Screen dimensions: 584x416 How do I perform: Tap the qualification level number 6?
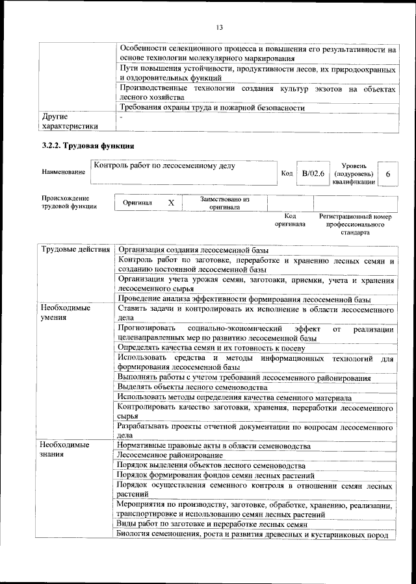(x=387, y=175)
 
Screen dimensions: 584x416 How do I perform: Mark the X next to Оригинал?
(x=172, y=203)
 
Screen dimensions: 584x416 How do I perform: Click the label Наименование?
(x=63, y=172)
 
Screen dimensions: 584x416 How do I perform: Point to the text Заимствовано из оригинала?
(x=225, y=203)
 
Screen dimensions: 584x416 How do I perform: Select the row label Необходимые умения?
(x=66, y=313)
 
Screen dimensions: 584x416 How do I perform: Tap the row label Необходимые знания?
(x=66, y=450)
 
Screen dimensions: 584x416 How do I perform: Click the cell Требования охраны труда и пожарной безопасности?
(x=211, y=108)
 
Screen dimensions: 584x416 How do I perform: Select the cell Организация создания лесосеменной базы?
(x=192, y=250)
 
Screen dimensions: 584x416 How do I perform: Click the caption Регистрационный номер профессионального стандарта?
(x=355, y=224)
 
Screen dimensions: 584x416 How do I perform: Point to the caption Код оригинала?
(x=290, y=220)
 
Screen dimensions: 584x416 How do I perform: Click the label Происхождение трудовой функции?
(x=65, y=202)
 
